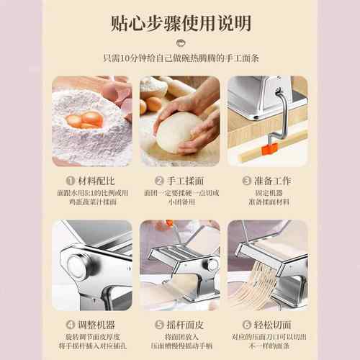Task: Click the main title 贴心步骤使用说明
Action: point(180,23)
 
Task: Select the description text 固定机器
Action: point(267,194)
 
